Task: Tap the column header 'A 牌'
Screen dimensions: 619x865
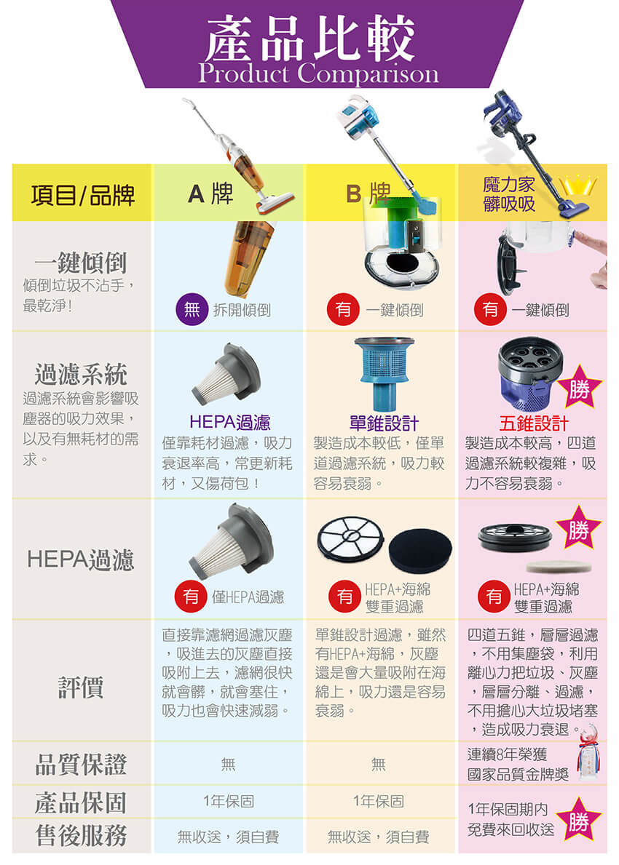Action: click(x=210, y=194)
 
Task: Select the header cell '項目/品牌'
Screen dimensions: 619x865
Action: click(x=83, y=195)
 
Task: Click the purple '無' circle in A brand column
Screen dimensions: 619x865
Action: click(x=192, y=309)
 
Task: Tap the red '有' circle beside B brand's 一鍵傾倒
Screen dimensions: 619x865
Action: click(x=343, y=309)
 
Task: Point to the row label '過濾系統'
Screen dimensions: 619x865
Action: click(x=81, y=374)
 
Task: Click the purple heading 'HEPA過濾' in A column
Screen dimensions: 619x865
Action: click(x=229, y=423)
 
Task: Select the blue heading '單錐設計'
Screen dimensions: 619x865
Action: click(x=384, y=423)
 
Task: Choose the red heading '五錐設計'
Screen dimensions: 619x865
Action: click(x=533, y=423)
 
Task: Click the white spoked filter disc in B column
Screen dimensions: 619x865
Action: click(x=350, y=537)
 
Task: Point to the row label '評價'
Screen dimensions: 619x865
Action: click(x=81, y=687)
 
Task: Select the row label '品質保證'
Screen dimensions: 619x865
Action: click(x=81, y=765)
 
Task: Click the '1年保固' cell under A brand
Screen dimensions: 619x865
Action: click(x=229, y=801)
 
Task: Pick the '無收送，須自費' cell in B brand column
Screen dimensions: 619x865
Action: click(x=378, y=837)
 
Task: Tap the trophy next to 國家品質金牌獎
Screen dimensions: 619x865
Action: click(x=589, y=752)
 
